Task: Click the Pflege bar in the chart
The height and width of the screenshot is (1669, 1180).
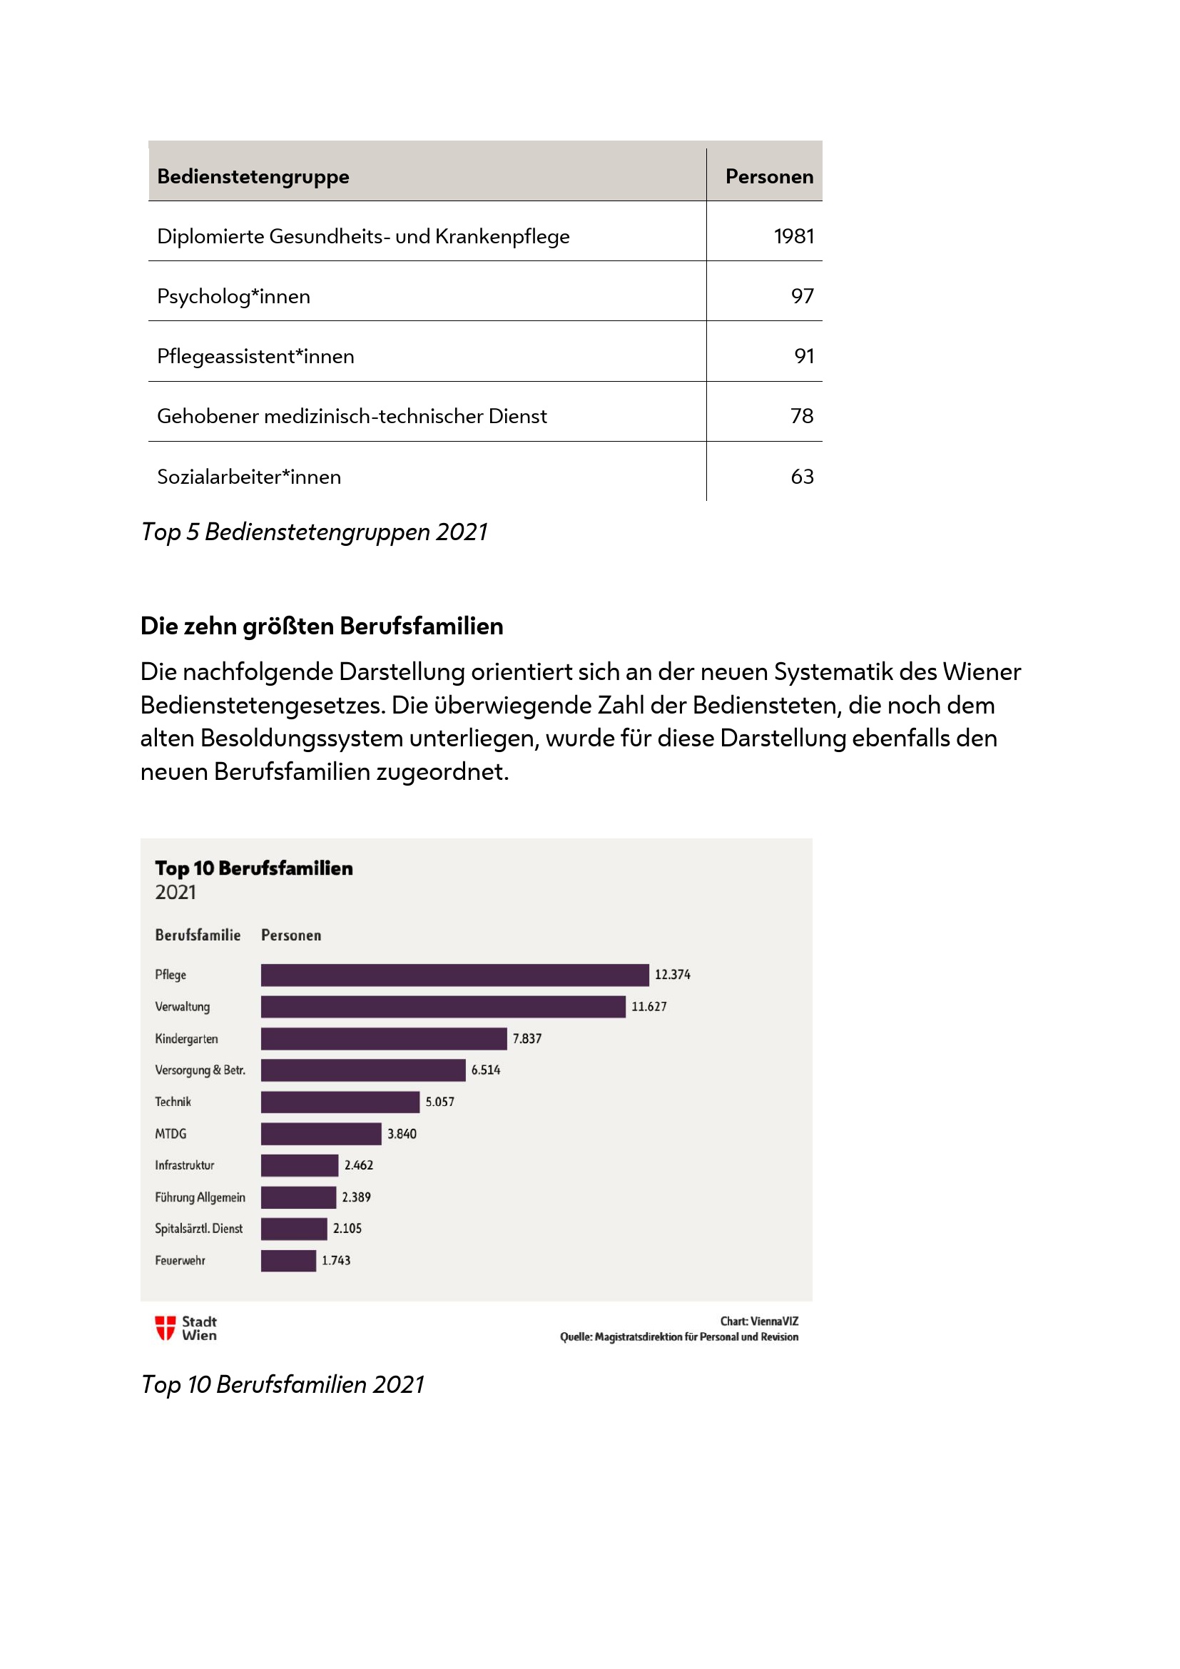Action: tap(454, 975)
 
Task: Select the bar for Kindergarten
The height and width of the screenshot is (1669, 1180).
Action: tap(384, 1039)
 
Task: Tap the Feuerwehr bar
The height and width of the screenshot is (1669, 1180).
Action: tap(288, 1260)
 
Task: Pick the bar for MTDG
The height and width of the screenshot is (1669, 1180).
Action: tap(321, 1134)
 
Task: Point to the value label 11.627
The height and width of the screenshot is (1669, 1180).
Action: tap(649, 1007)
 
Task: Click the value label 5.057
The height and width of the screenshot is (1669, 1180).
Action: tap(439, 1102)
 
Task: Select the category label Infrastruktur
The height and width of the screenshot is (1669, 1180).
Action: tap(185, 1165)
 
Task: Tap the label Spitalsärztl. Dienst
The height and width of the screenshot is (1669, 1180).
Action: tap(198, 1229)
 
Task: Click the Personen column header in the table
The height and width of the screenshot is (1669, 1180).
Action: tap(769, 177)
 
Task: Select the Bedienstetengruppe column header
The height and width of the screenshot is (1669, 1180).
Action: tap(253, 177)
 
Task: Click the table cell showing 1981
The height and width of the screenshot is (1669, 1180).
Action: tap(793, 236)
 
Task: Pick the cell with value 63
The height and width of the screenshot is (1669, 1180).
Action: tap(801, 477)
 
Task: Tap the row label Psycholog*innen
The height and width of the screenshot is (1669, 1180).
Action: tap(233, 297)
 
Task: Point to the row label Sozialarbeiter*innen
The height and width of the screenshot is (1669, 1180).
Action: tap(248, 477)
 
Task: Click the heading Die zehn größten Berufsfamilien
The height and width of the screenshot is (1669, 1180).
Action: tap(321, 626)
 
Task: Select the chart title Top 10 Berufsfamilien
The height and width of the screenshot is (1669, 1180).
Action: tap(253, 868)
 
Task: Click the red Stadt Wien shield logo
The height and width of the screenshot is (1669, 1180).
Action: tap(165, 1327)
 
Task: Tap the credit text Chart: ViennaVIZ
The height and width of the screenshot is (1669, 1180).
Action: tap(758, 1321)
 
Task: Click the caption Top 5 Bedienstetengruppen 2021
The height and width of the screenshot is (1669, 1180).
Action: tap(314, 532)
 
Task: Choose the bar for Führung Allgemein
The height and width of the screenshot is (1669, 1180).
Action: tap(299, 1197)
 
